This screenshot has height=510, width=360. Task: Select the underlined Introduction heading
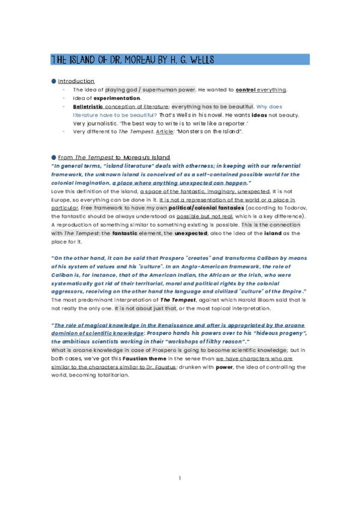(x=76, y=81)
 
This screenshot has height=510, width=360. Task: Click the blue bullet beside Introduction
(x=53, y=81)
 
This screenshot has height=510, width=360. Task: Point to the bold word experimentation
(x=117, y=98)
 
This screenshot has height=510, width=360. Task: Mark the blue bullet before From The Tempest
(x=53, y=156)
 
